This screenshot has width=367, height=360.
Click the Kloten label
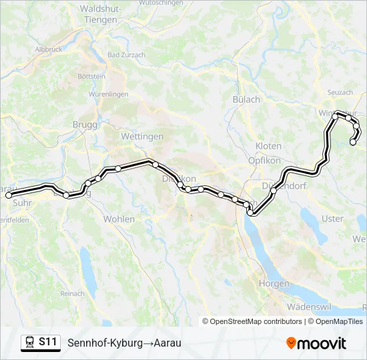pyautogui.click(x=268, y=146)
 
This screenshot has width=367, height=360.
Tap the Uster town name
pyautogui.click(x=332, y=219)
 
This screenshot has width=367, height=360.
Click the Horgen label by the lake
pyautogui.click(x=274, y=283)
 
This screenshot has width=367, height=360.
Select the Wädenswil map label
pyautogui.click(x=309, y=307)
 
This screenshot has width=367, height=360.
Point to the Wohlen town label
pyautogui.click(x=119, y=219)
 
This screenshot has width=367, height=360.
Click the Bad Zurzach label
pyautogui.click(x=123, y=55)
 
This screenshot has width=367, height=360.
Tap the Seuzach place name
pyautogui.click(x=340, y=92)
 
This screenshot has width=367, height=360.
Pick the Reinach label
pyautogui.click(x=72, y=293)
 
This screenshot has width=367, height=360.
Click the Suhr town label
pyautogui.click(x=22, y=199)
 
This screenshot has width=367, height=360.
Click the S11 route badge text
pyautogui.click(x=47, y=342)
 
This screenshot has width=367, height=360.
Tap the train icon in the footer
pyautogui.click(x=29, y=343)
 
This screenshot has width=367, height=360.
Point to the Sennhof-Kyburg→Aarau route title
pyautogui.click(x=124, y=343)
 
